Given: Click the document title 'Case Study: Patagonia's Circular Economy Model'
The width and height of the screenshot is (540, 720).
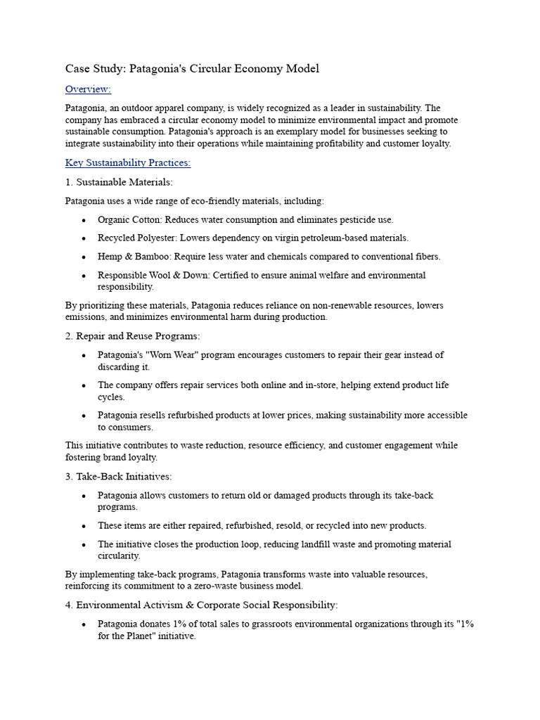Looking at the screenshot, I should point(192,68).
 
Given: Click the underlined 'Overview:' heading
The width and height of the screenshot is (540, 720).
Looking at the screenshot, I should point(88,89).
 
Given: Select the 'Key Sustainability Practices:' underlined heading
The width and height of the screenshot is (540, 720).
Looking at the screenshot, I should point(128,163).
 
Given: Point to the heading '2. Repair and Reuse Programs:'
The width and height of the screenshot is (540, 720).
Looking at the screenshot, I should point(132,336).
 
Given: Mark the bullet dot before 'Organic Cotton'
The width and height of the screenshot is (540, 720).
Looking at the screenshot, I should point(84,220).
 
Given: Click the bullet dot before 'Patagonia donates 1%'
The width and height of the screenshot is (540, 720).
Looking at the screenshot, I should point(84,624).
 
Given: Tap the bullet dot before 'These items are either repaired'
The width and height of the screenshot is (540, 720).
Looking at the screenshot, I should point(84,526).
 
